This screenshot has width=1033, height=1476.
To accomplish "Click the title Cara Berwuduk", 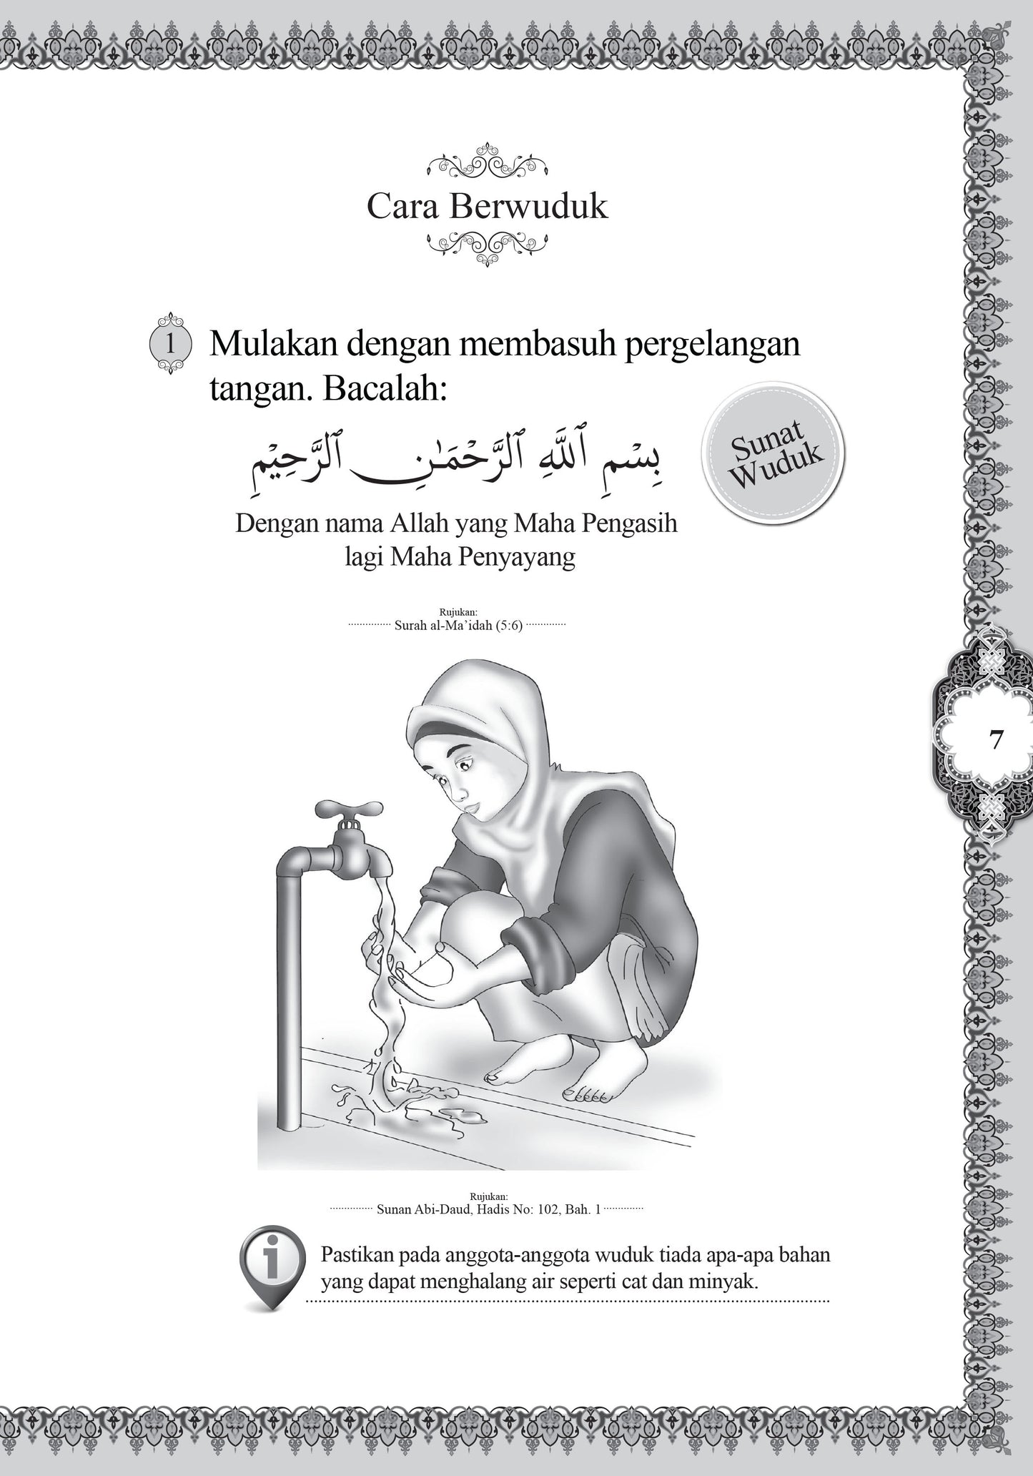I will coord(487,206).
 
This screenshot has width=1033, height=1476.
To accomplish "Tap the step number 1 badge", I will coord(170,344).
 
